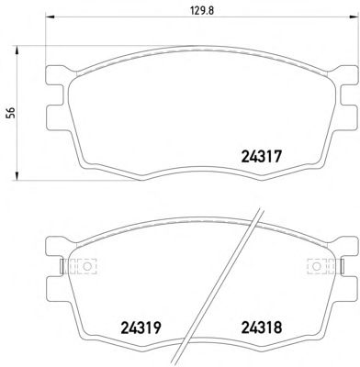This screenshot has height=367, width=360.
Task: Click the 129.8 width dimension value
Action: point(201,11)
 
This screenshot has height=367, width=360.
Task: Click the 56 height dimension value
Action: point(12,113)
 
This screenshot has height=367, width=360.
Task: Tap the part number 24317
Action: point(261,158)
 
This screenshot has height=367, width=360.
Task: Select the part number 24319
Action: point(141,328)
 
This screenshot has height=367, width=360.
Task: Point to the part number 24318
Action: point(262,328)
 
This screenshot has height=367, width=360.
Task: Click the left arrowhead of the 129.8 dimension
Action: point(50,17)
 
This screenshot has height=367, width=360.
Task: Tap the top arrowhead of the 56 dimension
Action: point(17,50)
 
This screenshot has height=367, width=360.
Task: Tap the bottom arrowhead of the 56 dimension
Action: point(17,176)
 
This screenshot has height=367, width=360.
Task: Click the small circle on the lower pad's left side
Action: point(87,266)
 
